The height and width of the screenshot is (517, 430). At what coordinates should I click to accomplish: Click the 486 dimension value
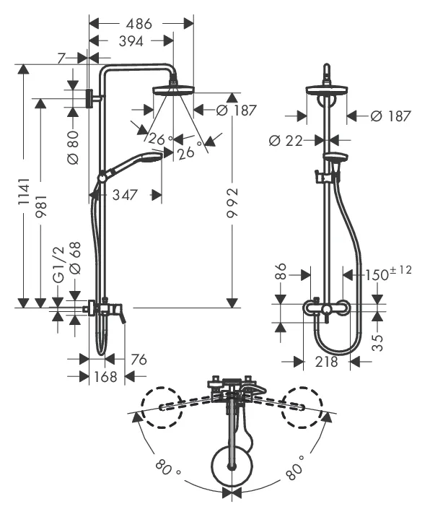[139, 24]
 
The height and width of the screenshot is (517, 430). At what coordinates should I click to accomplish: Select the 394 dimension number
[131, 41]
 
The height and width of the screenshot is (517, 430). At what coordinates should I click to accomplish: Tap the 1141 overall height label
[24, 192]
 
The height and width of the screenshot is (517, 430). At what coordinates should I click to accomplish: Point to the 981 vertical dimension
[42, 206]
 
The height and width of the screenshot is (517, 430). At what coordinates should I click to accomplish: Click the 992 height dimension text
[232, 203]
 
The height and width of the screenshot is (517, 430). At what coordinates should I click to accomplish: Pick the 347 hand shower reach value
[125, 195]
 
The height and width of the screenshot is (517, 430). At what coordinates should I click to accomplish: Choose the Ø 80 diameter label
[73, 147]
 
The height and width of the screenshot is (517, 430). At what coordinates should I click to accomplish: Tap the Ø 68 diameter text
[75, 258]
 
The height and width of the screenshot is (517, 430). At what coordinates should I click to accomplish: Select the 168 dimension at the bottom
[106, 376]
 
